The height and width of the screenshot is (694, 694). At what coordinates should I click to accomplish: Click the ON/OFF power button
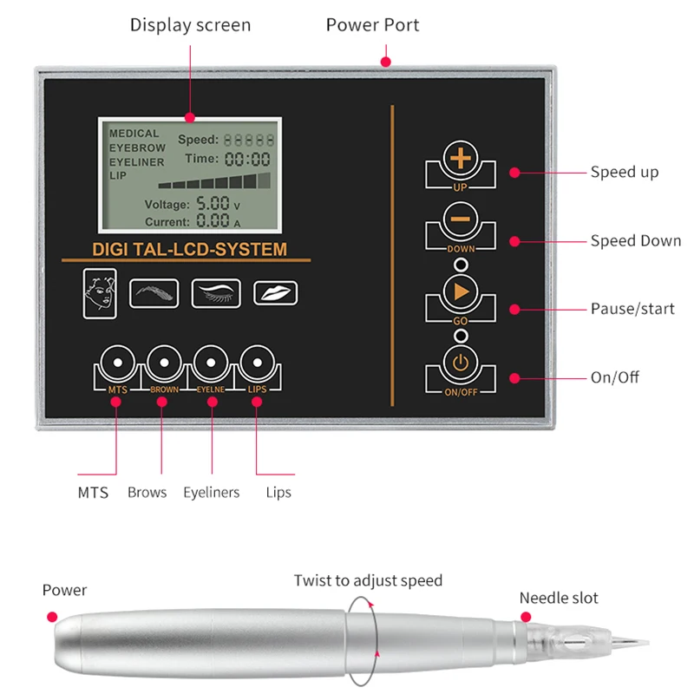tap(460, 362)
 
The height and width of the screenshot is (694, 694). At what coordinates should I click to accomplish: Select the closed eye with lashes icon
tap(215, 291)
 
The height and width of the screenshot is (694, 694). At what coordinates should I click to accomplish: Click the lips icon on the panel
tap(274, 292)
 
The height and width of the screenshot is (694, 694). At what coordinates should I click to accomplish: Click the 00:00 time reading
tap(248, 159)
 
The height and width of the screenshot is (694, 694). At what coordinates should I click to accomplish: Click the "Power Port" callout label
tap(372, 25)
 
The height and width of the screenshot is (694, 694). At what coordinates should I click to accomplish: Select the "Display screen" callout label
tap(190, 25)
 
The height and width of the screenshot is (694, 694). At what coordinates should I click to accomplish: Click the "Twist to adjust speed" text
tap(368, 580)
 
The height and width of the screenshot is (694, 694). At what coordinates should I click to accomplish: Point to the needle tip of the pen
tap(645, 643)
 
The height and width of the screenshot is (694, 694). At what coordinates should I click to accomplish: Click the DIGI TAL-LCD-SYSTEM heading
tap(189, 250)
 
